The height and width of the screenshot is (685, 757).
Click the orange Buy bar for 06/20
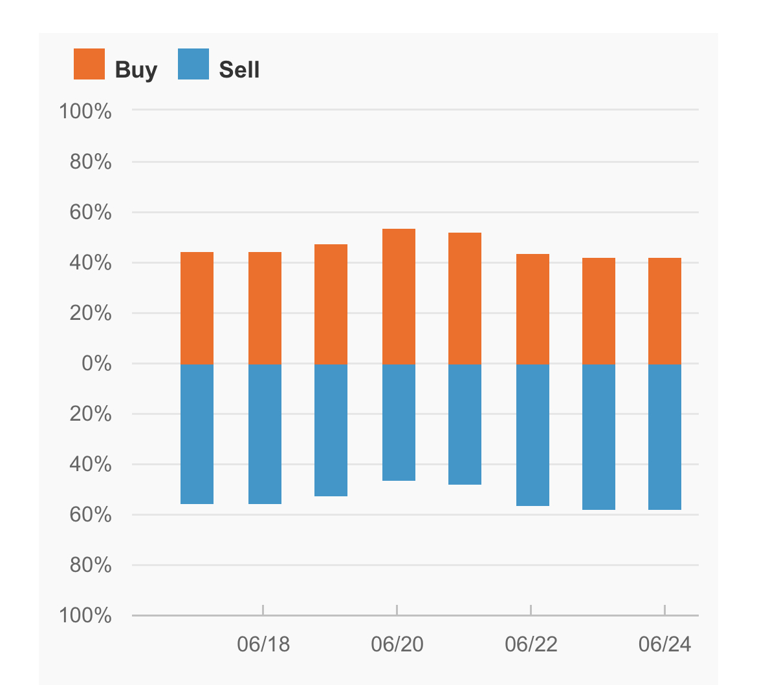click(399, 296)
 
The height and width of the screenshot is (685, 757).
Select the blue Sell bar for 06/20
click(399, 422)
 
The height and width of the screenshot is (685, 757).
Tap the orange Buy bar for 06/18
click(265, 308)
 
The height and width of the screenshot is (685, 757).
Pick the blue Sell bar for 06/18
click(265, 434)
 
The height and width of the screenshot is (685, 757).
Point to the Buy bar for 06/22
click(533, 309)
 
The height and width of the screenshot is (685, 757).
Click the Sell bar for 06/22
click(533, 435)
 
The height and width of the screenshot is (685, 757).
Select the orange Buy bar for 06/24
click(664, 311)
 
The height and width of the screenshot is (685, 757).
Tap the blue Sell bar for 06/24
click(664, 437)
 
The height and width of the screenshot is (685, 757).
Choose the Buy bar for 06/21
click(465, 298)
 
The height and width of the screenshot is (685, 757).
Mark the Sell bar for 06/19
click(331, 430)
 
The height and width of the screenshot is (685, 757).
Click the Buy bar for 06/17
click(197, 308)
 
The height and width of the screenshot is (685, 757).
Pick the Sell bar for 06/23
click(598, 437)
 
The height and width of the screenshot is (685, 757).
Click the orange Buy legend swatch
click(89, 63)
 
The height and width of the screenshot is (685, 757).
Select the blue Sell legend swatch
click(193, 63)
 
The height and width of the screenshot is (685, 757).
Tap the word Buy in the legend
click(136, 70)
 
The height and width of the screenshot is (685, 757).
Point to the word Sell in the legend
click(239, 69)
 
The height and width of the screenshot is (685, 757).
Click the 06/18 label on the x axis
click(263, 644)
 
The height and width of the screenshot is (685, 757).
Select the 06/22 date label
click(531, 644)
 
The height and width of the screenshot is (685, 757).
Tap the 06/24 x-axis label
click(664, 644)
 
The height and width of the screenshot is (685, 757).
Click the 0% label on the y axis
click(96, 363)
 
